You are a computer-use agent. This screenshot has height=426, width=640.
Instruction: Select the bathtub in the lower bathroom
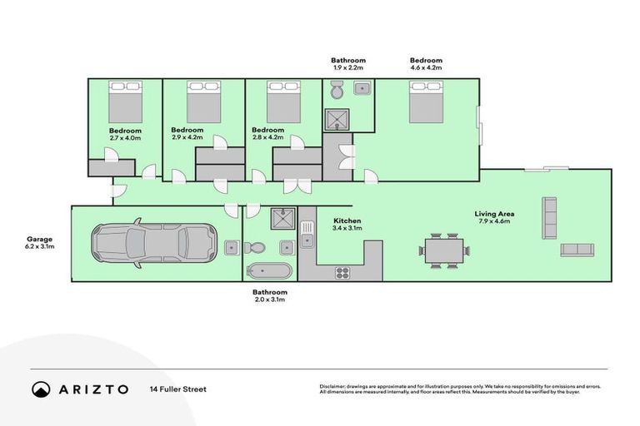tap(269, 270)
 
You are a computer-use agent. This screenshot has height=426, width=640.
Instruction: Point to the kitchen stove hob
tap(342, 271)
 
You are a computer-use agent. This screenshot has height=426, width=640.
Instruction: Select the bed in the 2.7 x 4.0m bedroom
tap(125, 103)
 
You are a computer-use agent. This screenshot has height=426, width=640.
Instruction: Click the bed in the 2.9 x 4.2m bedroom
tap(203, 103)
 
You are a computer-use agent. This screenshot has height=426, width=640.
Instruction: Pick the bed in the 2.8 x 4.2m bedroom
tap(282, 103)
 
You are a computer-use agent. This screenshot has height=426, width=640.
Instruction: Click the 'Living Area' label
tap(496, 214)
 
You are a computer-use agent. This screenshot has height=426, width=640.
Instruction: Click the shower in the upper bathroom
tap(337, 120)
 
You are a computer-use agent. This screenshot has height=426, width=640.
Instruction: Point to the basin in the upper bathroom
tap(361, 89)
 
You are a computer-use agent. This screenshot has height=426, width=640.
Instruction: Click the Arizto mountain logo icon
tap(41, 389)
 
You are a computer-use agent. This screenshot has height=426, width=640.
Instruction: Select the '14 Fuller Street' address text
tap(177, 389)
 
